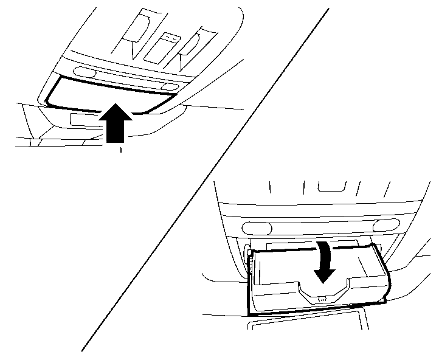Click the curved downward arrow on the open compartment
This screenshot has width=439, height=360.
coord(325,262)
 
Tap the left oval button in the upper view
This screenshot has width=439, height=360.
coord(87,72)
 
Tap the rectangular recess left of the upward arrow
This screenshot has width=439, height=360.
coord(83,119)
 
